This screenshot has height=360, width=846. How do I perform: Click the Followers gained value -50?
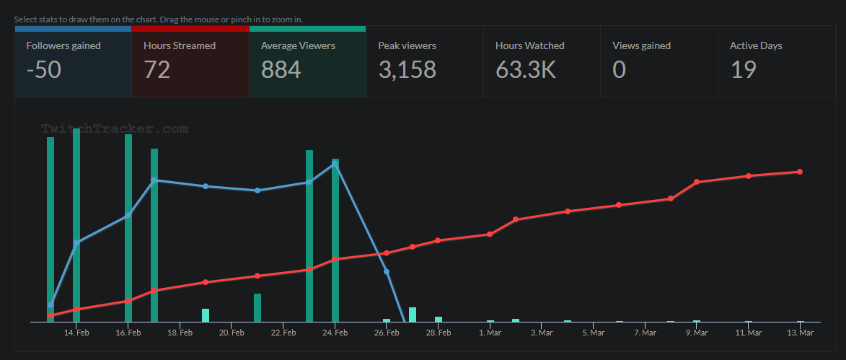pos(43,69)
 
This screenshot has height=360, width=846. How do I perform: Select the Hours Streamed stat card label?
pos(180,45)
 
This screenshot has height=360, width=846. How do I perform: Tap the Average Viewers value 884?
pos(281,69)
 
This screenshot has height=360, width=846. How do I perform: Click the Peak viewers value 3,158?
pos(407,69)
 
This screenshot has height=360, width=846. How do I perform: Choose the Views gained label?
pos(641,45)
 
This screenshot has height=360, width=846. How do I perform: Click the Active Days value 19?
pos(743,69)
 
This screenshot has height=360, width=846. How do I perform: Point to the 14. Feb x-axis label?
pos(76,333)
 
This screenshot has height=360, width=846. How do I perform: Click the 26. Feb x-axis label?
pos(387,333)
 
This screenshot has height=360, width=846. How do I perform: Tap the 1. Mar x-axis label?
pos(490,333)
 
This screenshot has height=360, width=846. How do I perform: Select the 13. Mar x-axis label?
pos(800,333)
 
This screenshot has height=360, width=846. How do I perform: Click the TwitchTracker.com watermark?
pos(115,129)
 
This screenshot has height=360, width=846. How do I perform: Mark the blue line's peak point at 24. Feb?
pos(335,164)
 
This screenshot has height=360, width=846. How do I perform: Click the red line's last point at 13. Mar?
pos(800,172)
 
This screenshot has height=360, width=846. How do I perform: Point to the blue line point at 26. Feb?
pos(387,272)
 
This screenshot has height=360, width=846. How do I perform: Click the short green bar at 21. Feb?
pos(257,307)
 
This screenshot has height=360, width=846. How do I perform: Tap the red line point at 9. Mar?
pos(697,182)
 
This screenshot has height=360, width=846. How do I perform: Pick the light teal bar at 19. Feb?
pos(206,315)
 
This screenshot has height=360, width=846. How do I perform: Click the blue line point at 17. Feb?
pos(154,180)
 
